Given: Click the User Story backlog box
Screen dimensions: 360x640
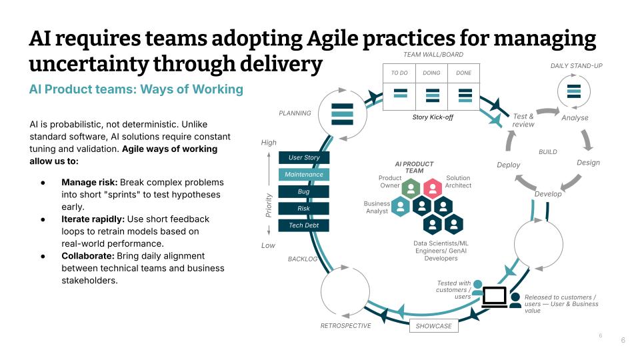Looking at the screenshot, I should pyautogui.click(x=304, y=158).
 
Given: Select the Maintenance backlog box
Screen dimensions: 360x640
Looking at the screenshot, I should pyautogui.click(x=304, y=175).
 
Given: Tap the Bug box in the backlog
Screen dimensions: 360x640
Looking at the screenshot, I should pyautogui.click(x=304, y=192).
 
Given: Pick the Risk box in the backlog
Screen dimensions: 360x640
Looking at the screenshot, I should pyautogui.click(x=304, y=209).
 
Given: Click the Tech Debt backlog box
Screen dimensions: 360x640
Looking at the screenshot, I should pyautogui.click(x=304, y=225).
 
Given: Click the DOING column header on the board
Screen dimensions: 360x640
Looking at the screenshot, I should pyautogui.click(x=431, y=73).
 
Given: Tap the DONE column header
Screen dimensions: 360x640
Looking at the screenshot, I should pyautogui.click(x=464, y=73).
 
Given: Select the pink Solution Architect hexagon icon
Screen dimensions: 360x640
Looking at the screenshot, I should pyautogui.click(x=433, y=188).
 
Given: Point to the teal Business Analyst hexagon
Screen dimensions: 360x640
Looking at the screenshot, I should pyautogui.click(x=400, y=206).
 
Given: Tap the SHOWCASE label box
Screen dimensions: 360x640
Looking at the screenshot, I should pyautogui.click(x=433, y=326).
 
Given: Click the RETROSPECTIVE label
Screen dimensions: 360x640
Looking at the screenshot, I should pyautogui.click(x=345, y=326).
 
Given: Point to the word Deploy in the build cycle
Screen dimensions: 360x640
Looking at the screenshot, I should pyautogui.click(x=509, y=165).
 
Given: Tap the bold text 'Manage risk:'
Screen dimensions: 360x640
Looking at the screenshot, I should pyautogui.click(x=89, y=182).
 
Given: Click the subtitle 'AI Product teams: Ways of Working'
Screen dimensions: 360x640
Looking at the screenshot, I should pyautogui.click(x=136, y=89).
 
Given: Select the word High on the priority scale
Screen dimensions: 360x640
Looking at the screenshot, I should pyautogui.click(x=269, y=143).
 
